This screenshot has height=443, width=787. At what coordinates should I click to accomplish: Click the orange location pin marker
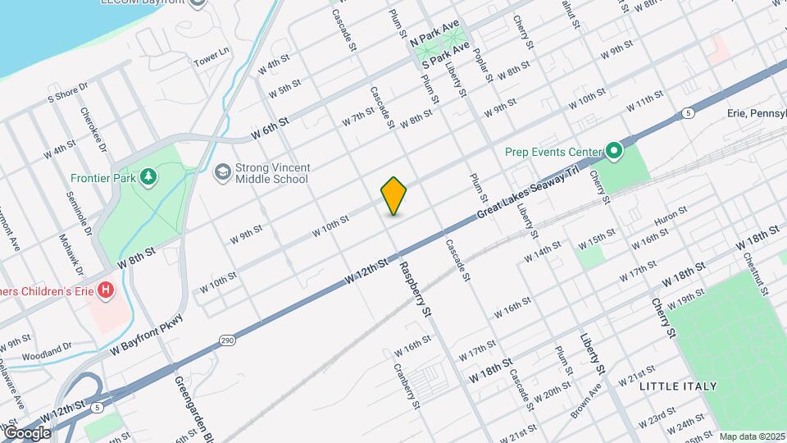[394, 196]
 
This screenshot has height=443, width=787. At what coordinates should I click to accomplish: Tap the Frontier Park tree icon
[148, 176]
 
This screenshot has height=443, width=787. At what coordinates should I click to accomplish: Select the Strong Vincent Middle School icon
[222, 172]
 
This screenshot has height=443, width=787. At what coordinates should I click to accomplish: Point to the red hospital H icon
[106, 290]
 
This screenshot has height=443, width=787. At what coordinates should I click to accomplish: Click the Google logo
[26, 432]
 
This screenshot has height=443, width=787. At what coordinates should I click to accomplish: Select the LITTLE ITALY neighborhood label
[678, 386]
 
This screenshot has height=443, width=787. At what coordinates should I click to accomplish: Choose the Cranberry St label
[407, 386]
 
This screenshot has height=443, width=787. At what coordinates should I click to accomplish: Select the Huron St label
[670, 217]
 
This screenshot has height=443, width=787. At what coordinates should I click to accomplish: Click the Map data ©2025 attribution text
[752, 436]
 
